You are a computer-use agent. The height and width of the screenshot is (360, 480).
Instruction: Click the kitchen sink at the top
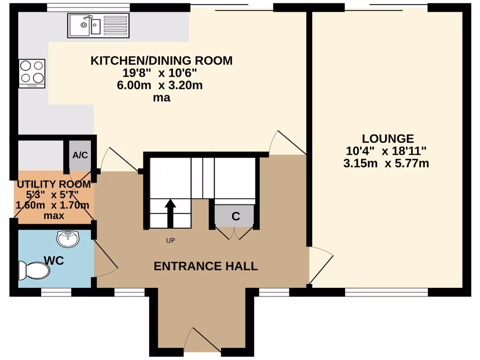tap(98, 25)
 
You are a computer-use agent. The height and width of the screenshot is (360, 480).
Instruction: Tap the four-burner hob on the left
tap(32, 73)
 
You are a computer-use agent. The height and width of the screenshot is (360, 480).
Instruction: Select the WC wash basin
tap(68, 239)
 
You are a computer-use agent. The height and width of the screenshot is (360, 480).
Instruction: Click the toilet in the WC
tap(34, 270)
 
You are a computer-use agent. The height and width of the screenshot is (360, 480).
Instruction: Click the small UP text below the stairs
tap(170, 241)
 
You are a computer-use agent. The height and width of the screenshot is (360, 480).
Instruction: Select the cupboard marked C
tap(235, 216)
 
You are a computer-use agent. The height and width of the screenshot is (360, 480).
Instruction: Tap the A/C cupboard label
tap(80, 155)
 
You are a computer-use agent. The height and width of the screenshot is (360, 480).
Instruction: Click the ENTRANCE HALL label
tap(206, 266)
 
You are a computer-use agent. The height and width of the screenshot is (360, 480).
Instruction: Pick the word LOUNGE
tap(388, 139)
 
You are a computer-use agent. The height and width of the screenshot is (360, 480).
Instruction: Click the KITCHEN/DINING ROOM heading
tap(161, 60)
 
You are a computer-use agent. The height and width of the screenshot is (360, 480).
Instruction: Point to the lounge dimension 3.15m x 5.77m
tap(386, 164)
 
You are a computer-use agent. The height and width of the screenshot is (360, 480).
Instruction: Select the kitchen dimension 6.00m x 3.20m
tap(159, 86)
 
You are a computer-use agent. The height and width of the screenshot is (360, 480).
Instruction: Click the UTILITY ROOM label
tap(54, 184)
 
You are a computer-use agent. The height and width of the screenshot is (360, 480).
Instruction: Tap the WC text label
tap(54, 261)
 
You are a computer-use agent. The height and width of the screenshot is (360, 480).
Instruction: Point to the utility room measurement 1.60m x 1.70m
tap(52, 205)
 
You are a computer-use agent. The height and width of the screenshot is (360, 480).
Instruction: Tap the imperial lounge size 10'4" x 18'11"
tap(386, 151)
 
